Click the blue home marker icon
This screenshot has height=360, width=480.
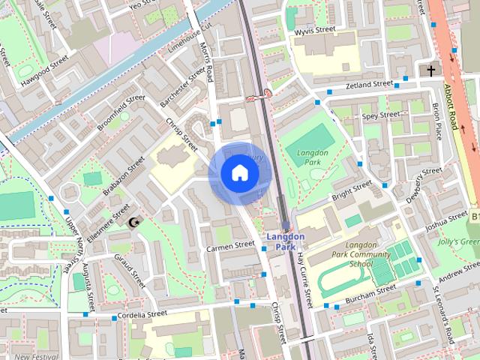[239, 173]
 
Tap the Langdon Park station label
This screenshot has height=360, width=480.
[286, 241]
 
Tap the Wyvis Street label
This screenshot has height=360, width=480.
[314, 30]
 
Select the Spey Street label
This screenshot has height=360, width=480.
[380, 115]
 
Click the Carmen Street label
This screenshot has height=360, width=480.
[232, 245]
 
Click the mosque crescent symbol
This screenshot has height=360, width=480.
[135, 222]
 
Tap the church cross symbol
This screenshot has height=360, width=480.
[430, 70]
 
